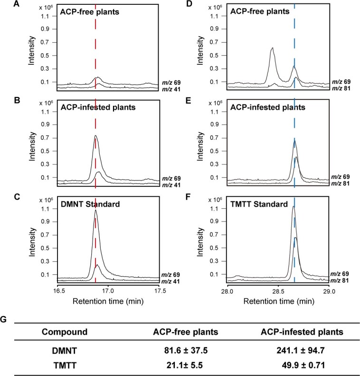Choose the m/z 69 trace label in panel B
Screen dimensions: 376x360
coord(171,176)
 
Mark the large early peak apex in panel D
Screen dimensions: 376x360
coord(272,48)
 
